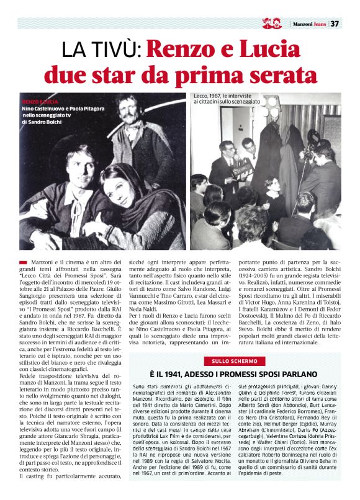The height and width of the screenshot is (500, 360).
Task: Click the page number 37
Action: (x=335, y=24)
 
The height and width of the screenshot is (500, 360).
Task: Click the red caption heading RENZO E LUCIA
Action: (x=40, y=100)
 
